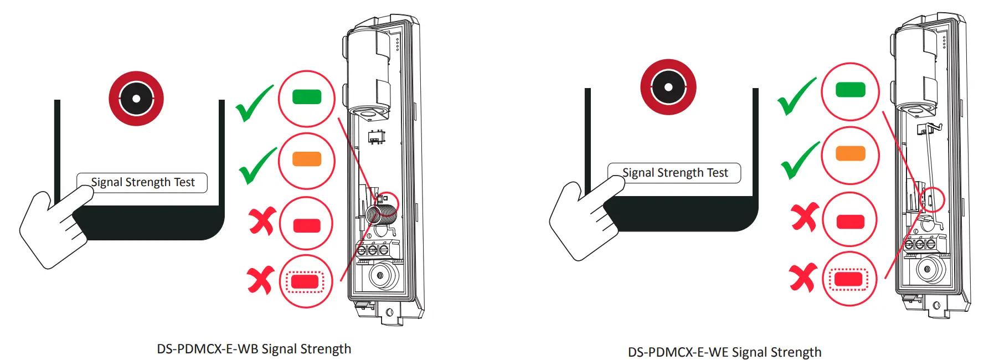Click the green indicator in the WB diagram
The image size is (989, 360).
pyautogui.click(x=306, y=97)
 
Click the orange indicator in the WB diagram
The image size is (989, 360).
pyautogui.click(x=306, y=159)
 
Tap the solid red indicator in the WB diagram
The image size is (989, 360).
pyautogui.click(x=306, y=225)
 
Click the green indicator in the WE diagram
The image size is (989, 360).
pyautogui.click(x=850, y=90)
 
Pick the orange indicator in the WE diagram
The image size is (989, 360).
pyautogui.click(x=850, y=153)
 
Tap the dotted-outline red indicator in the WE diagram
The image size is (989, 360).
pyautogui.click(x=849, y=279)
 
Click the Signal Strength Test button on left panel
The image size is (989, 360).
pyautogui.click(x=142, y=182)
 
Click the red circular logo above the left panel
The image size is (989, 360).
pyautogui.click(x=136, y=99)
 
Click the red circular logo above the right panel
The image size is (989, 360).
pyautogui.click(x=668, y=87)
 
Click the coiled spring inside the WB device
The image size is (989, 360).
pyautogui.click(x=382, y=213)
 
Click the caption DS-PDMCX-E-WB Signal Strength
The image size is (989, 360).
pyautogui.click(x=254, y=349)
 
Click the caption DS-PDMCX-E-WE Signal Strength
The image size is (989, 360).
pyautogui.click(x=724, y=352)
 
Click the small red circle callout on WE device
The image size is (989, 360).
pyautogui.click(x=932, y=199)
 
